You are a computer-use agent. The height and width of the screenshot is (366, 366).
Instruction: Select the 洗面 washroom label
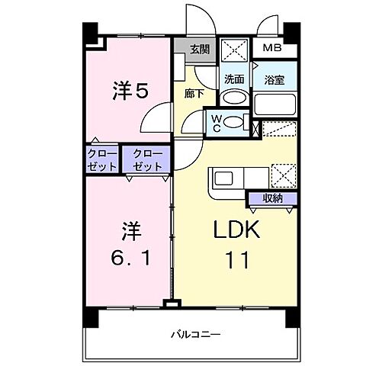coord(233,78)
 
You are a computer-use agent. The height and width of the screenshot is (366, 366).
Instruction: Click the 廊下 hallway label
coord(194,93)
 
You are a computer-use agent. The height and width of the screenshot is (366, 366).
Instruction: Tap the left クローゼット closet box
coord(102,161)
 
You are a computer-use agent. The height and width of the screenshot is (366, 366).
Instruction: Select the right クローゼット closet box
coord(146,161)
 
